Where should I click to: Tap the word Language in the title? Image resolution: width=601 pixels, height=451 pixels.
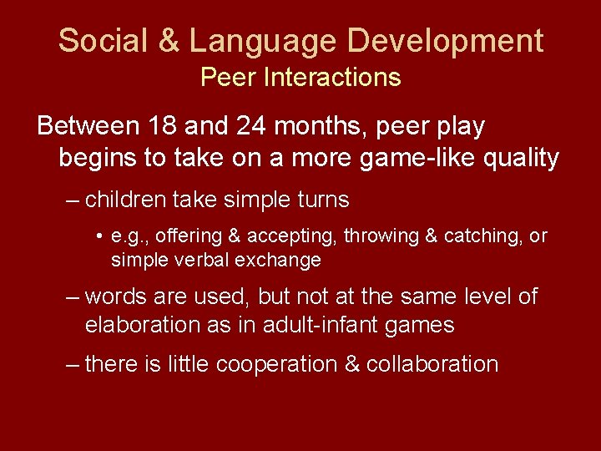261,40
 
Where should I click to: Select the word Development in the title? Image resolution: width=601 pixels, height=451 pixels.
447,40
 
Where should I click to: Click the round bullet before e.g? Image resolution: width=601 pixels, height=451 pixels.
99,237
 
